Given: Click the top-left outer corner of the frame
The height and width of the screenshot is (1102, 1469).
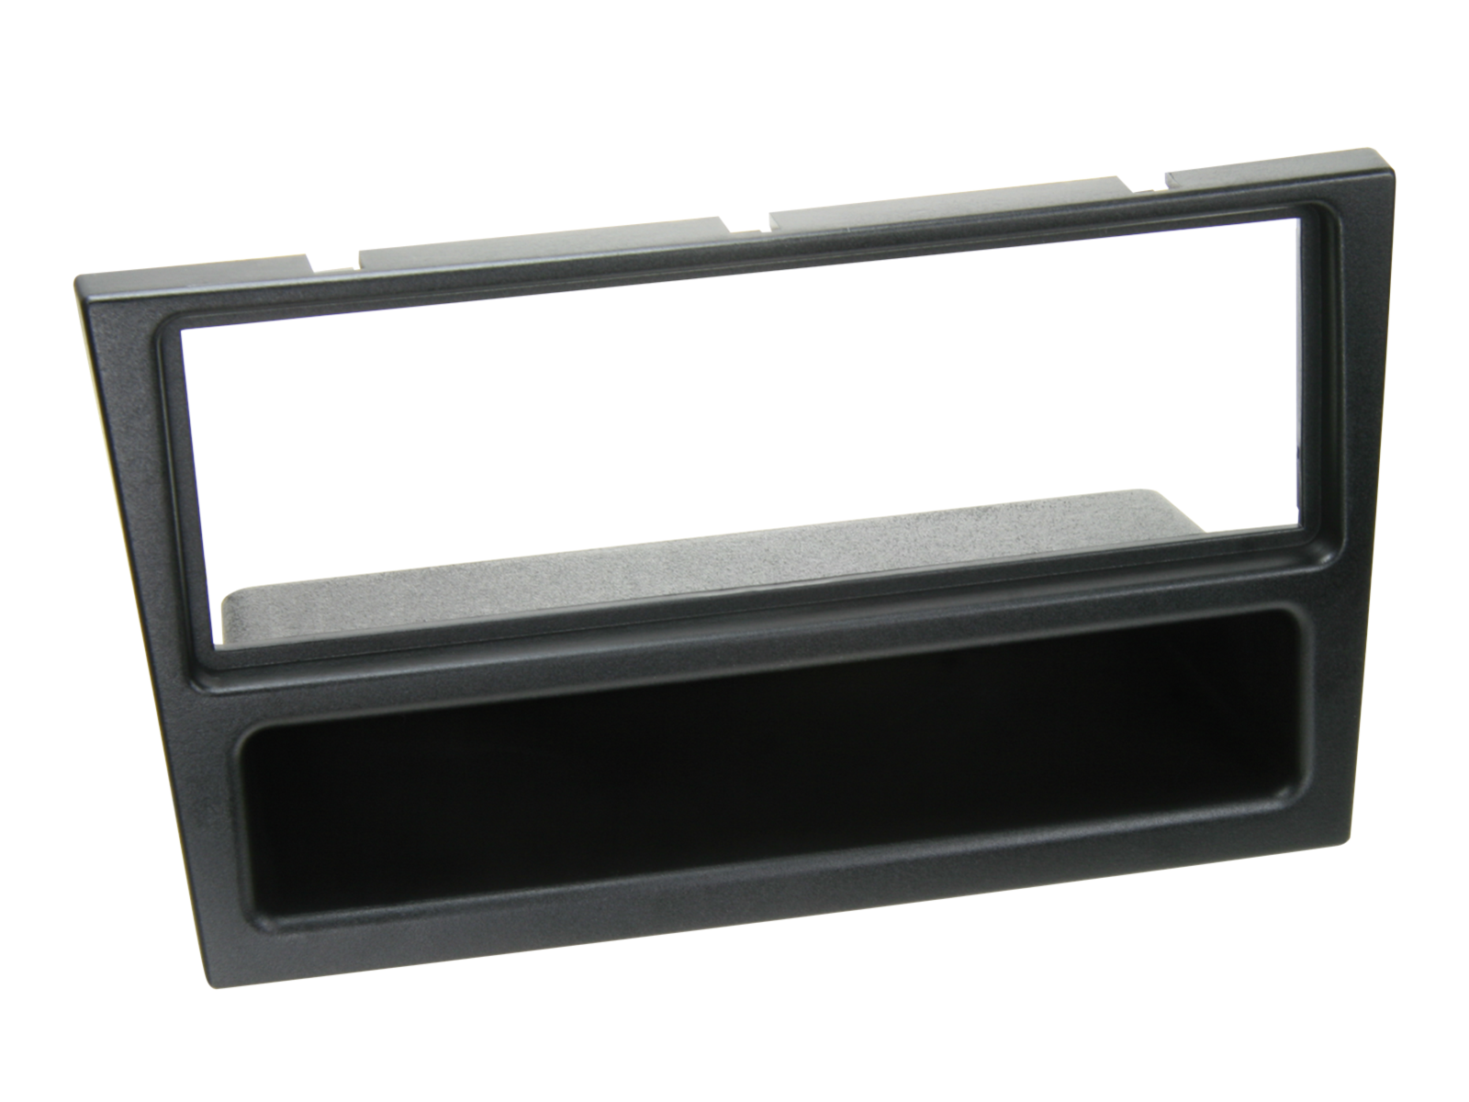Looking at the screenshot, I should coord(75,277).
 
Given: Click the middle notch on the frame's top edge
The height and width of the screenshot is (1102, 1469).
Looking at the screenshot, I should coord(748,223).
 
